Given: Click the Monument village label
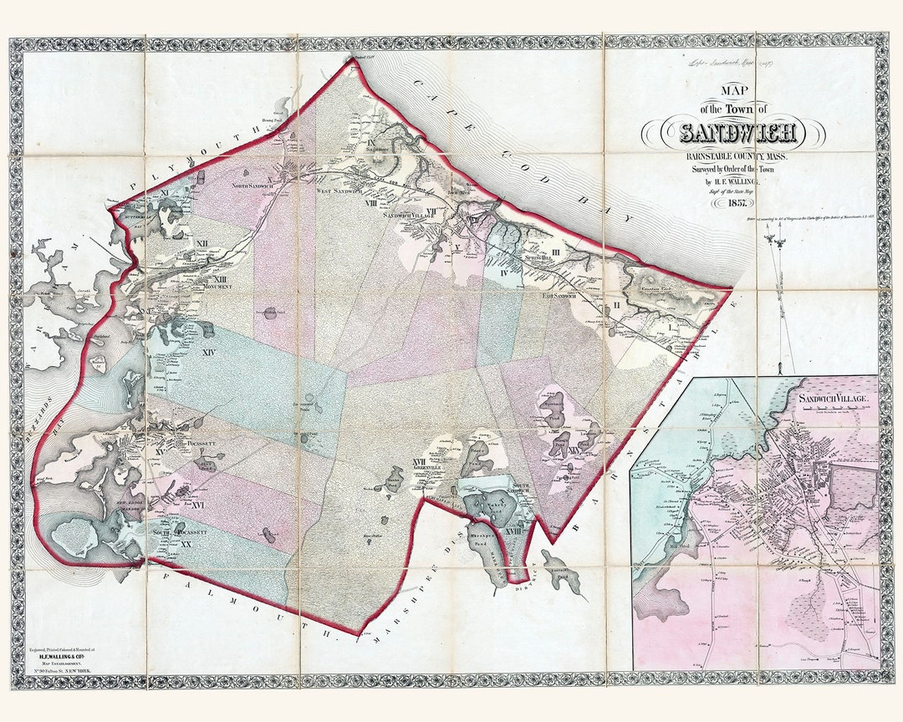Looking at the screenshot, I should pos(217,286).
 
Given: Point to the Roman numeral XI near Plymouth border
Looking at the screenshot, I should pos(166,192).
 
